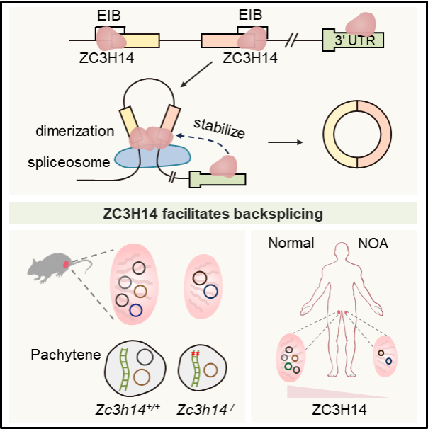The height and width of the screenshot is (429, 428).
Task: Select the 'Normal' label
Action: pos(291,243)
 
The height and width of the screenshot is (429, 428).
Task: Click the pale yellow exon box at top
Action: pos(142,40)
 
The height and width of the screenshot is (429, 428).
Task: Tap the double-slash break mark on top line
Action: pos(290,40)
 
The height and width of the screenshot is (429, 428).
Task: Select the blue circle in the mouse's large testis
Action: pos(136,309)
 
